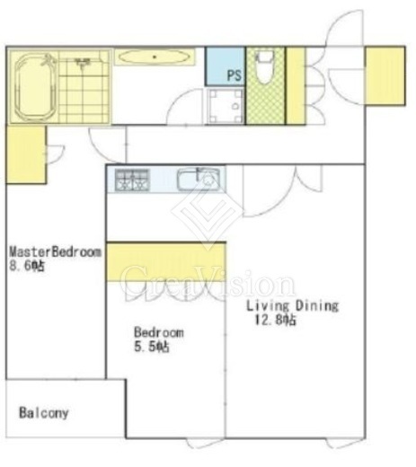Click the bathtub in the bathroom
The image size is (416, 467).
click(35, 87)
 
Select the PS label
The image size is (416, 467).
click(235, 75)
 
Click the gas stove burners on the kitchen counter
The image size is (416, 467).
click(132, 180)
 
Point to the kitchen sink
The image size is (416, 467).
click(199, 180)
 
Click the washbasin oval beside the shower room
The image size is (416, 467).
click(155, 57)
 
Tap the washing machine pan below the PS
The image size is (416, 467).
click(226, 106)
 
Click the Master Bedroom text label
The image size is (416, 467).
click(56, 251)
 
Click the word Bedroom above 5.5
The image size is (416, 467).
click(159, 332)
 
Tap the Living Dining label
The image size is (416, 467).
click(292, 306)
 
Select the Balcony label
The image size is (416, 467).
click(44, 413)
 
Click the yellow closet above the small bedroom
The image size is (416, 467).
click(166, 261)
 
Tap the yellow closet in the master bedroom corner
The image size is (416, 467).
click(26, 154)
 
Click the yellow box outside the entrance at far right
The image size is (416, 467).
click(385, 75)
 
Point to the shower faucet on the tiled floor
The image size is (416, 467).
click(83, 63)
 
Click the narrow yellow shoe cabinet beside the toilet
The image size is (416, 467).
click(296, 85)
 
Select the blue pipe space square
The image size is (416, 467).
click(226, 66)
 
